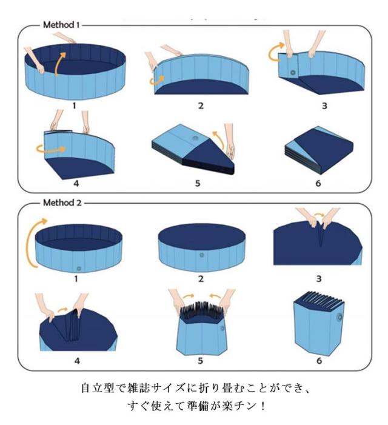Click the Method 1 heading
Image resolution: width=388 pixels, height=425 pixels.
[61, 25]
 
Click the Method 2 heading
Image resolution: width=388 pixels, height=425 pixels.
[62, 202]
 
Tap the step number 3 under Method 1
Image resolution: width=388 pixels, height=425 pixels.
[324, 105]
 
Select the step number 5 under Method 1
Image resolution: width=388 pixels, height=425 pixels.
[198, 183]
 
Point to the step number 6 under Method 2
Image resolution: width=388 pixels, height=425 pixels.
[319, 361]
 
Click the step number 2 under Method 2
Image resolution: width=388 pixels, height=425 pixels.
[201, 279]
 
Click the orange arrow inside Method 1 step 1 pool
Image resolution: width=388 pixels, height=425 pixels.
[59, 64]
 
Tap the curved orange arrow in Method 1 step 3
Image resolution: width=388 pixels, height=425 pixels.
[275, 51]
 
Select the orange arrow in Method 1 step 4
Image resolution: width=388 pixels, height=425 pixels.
[51, 149]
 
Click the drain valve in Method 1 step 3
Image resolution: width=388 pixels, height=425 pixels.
[293, 73]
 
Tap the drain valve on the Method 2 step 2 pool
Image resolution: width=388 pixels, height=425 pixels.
[202, 255]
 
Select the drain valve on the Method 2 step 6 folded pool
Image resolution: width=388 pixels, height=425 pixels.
[339, 317]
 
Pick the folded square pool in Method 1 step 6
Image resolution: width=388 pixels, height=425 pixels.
[319, 149]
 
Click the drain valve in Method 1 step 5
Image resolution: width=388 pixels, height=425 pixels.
[195, 138]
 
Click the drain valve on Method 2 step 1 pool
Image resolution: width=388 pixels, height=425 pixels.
[79, 269]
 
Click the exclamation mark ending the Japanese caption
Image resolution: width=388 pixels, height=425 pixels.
[263, 406]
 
